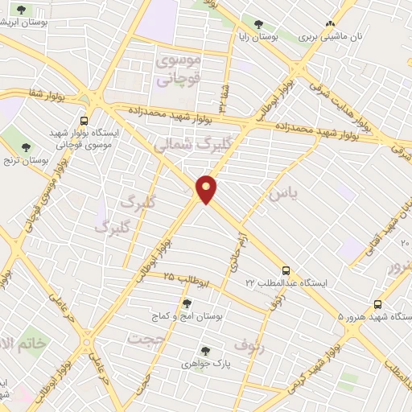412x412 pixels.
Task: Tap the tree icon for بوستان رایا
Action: (258, 24)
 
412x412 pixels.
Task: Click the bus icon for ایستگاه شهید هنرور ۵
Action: (377, 304)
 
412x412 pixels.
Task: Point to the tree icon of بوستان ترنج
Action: (27, 147)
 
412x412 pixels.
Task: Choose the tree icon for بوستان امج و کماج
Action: (187, 303)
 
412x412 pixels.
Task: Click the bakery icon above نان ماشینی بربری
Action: (330, 24)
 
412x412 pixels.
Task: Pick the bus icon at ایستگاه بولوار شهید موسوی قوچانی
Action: (84, 122)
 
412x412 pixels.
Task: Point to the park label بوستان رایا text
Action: (257, 37)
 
